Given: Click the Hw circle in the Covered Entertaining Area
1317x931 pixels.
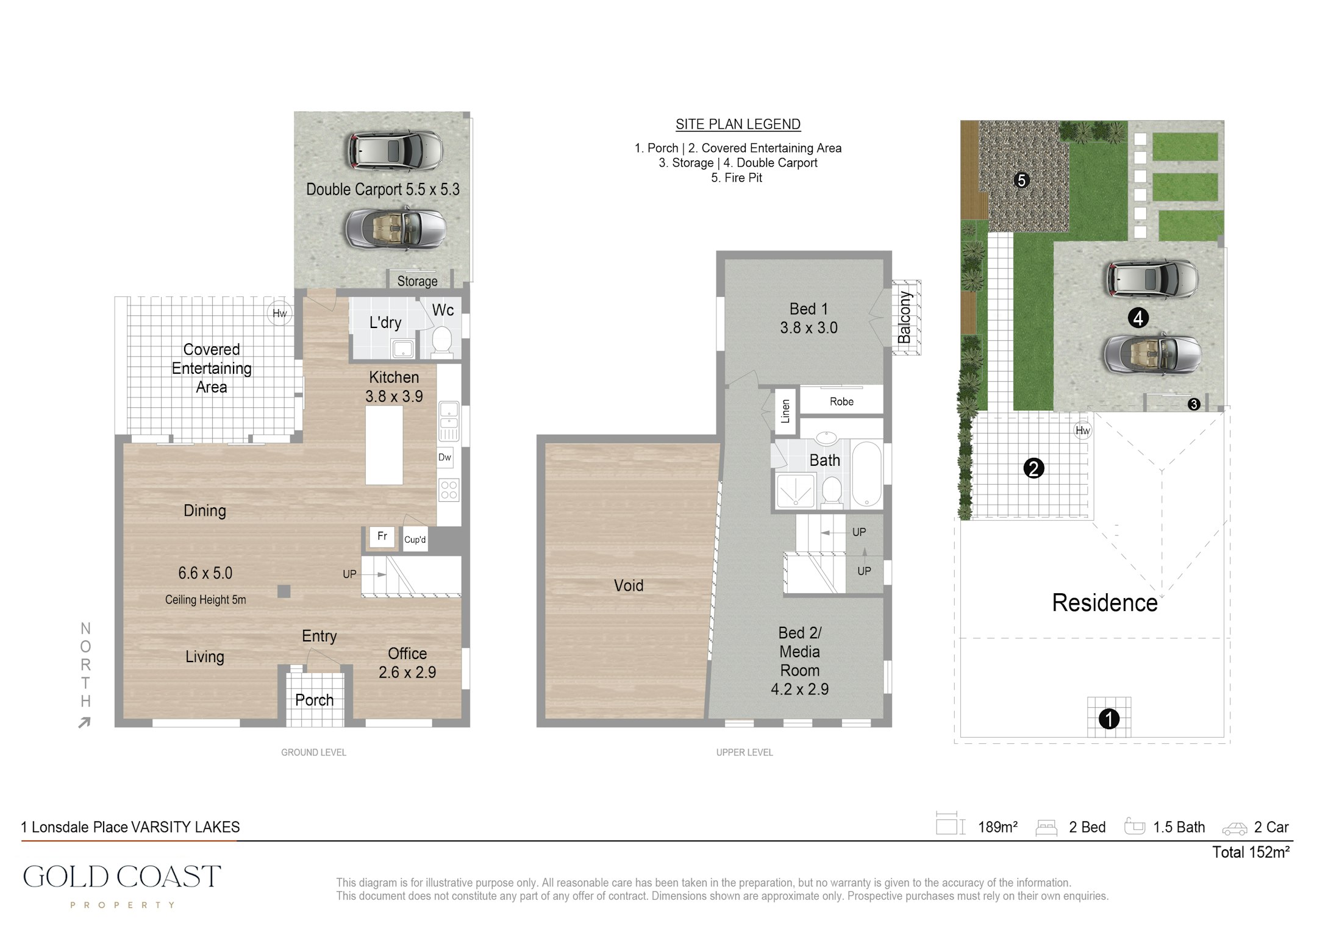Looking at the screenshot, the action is pos(279,313).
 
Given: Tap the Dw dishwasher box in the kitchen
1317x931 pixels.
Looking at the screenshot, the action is pos(445,457).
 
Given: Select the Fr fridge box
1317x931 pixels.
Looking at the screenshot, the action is pos(382,537).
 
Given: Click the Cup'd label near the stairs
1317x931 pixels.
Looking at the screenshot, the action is pos(415,540).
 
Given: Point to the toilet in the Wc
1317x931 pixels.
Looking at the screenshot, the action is pos(441,341).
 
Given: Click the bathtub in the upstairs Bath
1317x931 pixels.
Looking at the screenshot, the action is pos(866,474).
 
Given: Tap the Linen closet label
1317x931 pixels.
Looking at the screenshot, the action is pos(785,412).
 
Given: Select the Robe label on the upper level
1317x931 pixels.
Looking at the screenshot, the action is pos(841,402).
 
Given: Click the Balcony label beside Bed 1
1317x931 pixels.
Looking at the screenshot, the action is pos(905,317).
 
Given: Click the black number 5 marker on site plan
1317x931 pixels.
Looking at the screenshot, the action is pos(1021,180).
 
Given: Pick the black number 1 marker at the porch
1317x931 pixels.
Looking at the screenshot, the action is pos(1108,719).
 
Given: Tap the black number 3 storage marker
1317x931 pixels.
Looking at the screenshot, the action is pos(1194,404).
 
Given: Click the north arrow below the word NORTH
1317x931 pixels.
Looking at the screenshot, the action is pos(85,722).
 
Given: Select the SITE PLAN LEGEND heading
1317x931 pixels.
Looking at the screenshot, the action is pos(738,124).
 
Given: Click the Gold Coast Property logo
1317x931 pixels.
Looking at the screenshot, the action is pos(122,886).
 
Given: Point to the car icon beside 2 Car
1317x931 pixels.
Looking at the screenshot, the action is pos(1235,829).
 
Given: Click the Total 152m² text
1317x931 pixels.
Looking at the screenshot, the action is pos(1251,852).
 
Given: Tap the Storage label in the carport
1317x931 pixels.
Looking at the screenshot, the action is pos(417,281).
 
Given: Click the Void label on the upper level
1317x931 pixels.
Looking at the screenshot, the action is pos(629,586).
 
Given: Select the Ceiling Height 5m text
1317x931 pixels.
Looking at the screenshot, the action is pos(205,600).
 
